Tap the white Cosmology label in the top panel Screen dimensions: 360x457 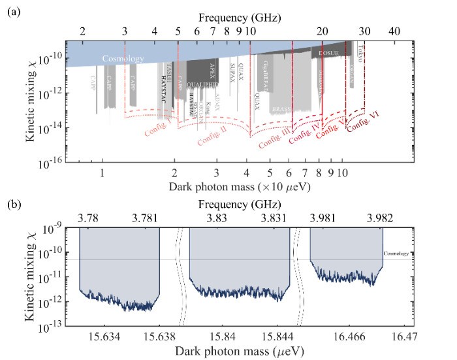pos(123,59)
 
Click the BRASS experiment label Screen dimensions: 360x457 pos(281,108)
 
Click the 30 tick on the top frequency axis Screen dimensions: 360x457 pos(364,31)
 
